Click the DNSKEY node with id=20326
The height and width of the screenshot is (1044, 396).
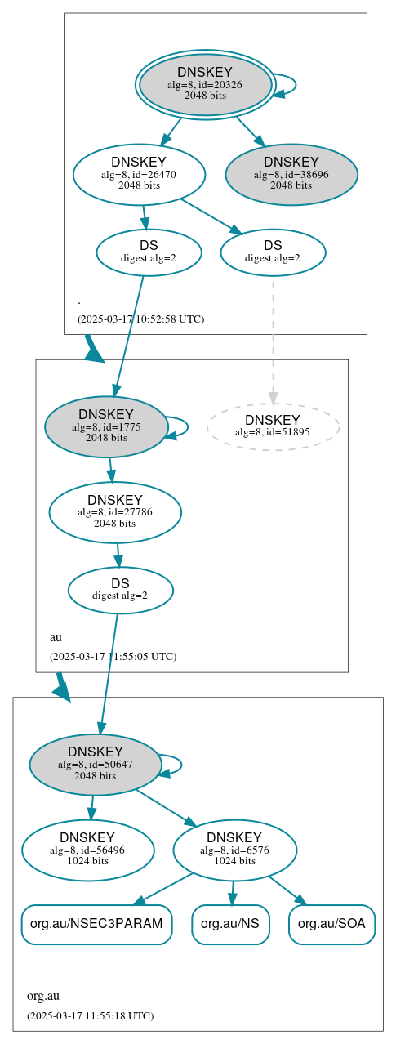[x=206, y=84]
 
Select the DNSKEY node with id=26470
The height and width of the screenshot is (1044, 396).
[x=139, y=173]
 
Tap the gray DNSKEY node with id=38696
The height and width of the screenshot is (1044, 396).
[x=291, y=173]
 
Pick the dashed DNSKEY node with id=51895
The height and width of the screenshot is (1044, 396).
[x=273, y=426]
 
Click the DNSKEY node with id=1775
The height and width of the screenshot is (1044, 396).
[x=106, y=426]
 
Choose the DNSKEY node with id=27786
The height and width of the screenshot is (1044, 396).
[x=115, y=512]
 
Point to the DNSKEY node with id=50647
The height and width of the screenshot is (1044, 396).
[x=96, y=764]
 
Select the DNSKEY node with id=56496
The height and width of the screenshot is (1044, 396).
[x=88, y=850]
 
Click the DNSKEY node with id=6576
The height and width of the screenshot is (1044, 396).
[x=234, y=850]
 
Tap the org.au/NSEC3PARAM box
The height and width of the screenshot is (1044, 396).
[x=96, y=924]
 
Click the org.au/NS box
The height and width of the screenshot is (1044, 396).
[x=230, y=924]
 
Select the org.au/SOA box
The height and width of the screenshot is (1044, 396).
[x=331, y=924]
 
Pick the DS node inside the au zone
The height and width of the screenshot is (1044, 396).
[x=120, y=590]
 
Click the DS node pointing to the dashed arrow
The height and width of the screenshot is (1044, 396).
[x=273, y=252]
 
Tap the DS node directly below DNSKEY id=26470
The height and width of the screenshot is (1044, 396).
[x=149, y=252]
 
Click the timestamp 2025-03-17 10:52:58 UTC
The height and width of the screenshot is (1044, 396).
[x=140, y=319]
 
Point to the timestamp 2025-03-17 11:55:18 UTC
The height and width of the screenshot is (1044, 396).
[x=90, y=1015]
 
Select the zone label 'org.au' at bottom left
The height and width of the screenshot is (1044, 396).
[x=43, y=996]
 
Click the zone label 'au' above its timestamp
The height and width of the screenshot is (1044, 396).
[x=56, y=636]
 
